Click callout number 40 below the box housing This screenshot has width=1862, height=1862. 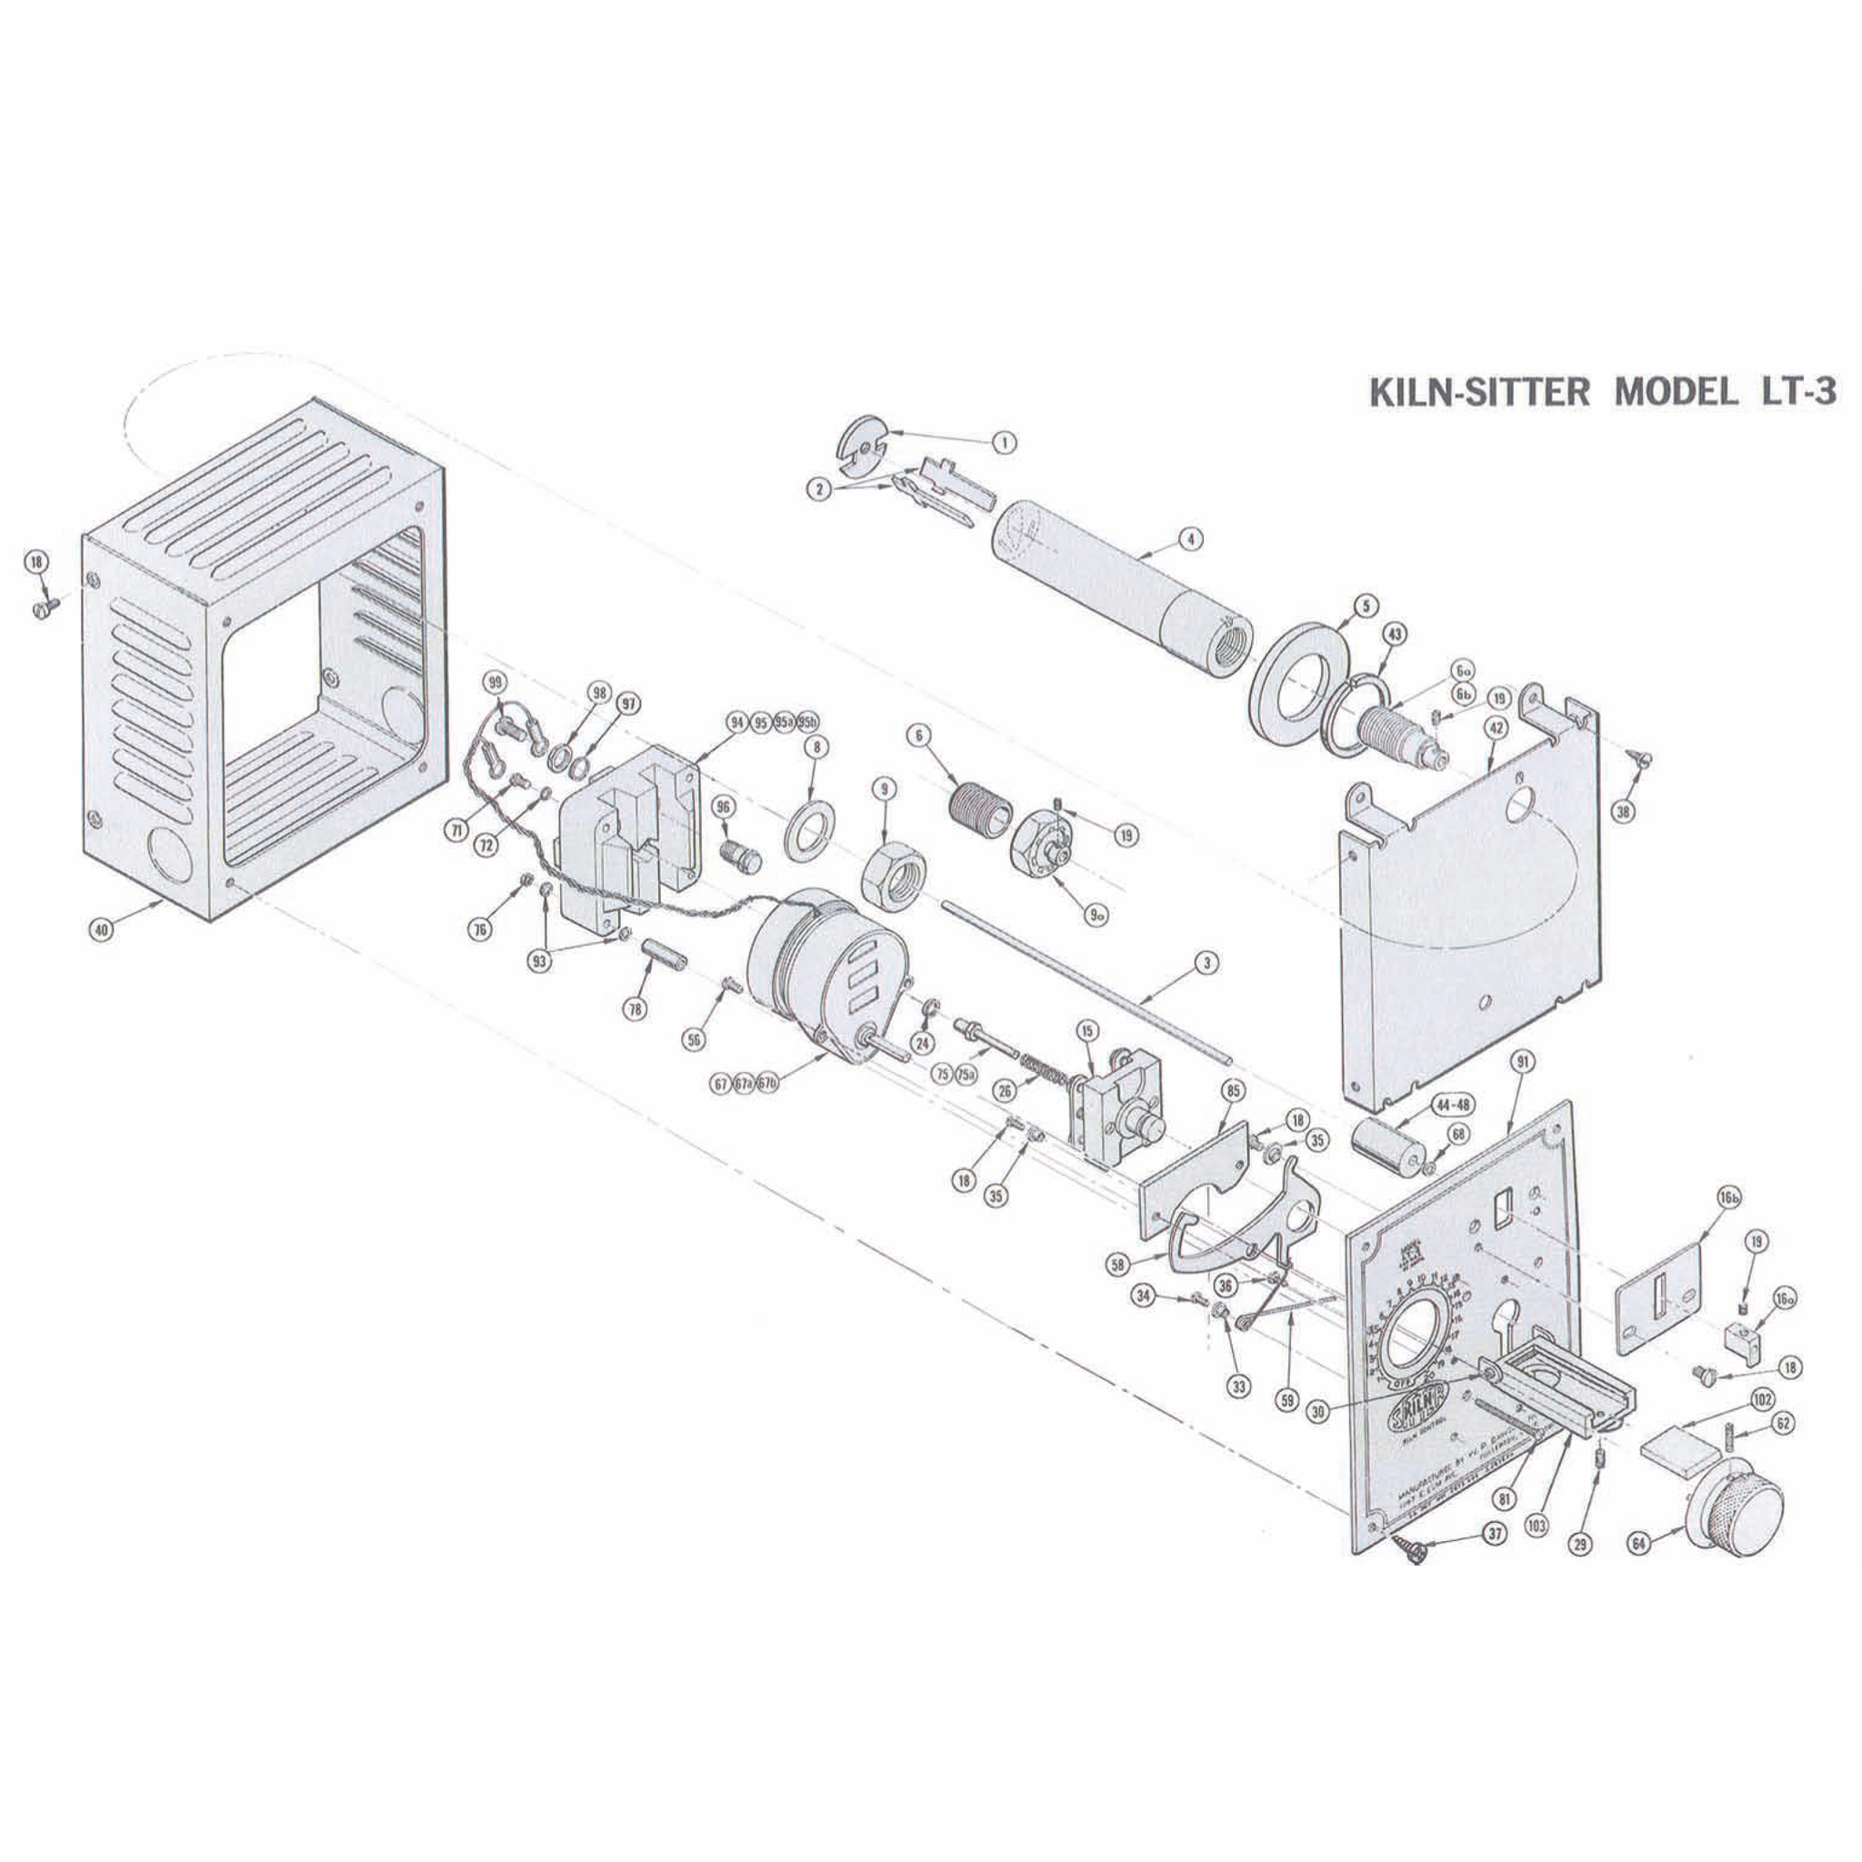[x=100, y=930]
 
